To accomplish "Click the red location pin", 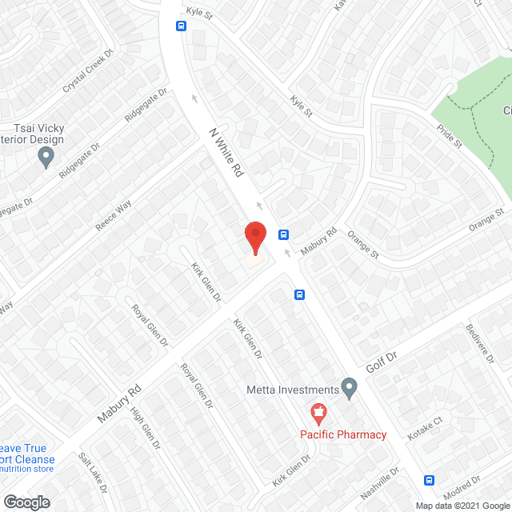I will (x=254, y=237).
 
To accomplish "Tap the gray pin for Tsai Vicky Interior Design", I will (x=47, y=157).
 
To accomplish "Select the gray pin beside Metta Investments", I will (x=349, y=388).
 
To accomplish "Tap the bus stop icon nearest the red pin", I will (x=283, y=234).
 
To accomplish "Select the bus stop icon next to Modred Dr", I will (x=430, y=480).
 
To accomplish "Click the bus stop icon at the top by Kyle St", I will (x=182, y=26).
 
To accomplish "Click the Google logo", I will (x=26, y=502).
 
